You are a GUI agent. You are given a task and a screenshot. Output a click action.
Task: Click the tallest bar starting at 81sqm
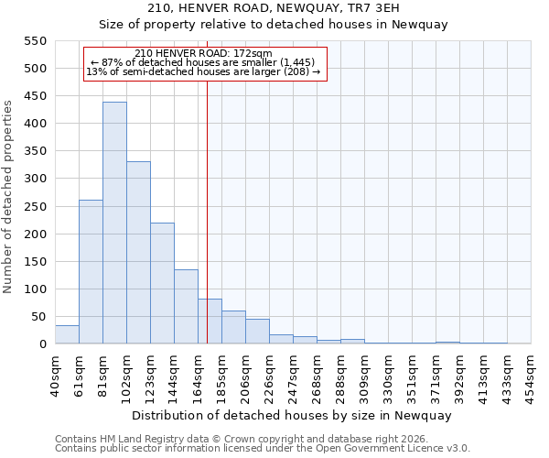(x=114, y=223)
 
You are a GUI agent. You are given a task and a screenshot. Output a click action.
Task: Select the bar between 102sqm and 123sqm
(x=138, y=253)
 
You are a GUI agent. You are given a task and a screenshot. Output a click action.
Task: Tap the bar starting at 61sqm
(x=91, y=272)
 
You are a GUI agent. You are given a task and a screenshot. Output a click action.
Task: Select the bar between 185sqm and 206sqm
(x=233, y=327)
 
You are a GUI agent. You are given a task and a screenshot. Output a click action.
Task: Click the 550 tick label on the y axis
(x=34, y=41)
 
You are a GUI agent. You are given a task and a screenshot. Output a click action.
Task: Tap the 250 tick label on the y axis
(x=34, y=207)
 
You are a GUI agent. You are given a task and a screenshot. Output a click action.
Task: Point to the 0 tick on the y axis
(x=42, y=344)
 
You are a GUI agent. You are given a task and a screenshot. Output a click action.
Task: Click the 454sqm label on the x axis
(x=531, y=375)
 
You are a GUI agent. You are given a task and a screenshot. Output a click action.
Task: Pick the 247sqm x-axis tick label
(x=293, y=375)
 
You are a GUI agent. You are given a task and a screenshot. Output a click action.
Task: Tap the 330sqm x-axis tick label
(x=388, y=375)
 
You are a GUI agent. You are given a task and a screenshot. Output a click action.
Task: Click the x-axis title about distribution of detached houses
(x=292, y=416)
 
